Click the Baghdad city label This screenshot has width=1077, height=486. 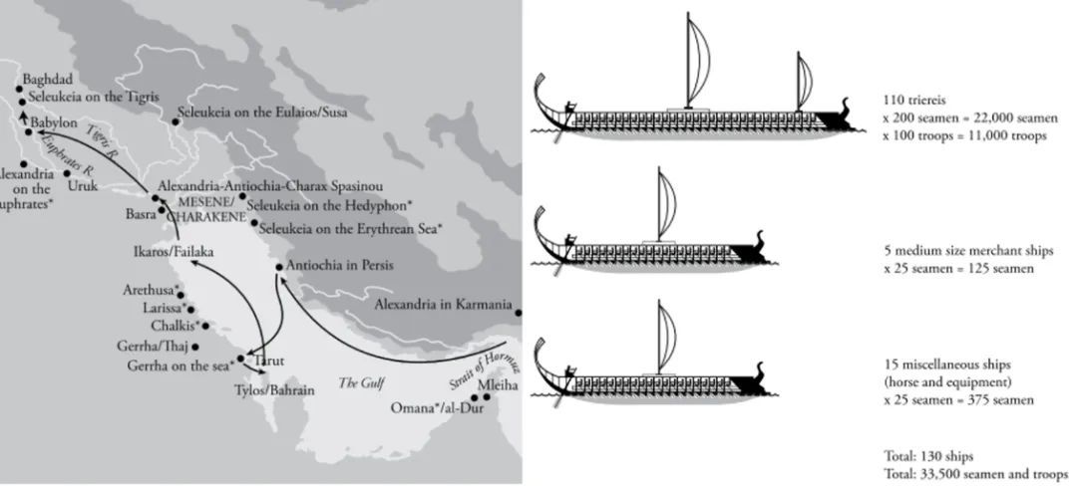click(48, 80)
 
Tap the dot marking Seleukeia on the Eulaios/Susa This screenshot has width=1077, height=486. click(176, 121)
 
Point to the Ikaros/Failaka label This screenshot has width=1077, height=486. click(174, 252)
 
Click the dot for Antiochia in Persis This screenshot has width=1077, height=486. click(279, 267)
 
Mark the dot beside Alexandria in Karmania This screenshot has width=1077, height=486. click(519, 313)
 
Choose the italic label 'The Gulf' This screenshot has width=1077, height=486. click(360, 382)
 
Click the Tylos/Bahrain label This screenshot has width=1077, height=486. click(275, 390)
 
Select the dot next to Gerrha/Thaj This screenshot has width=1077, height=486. click(195, 347)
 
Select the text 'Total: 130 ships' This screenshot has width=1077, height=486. click(928, 456)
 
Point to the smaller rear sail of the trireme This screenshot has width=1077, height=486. click(804, 81)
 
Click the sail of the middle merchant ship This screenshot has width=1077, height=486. click(666, 205)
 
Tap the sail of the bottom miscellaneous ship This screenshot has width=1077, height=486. click(666, 338)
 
